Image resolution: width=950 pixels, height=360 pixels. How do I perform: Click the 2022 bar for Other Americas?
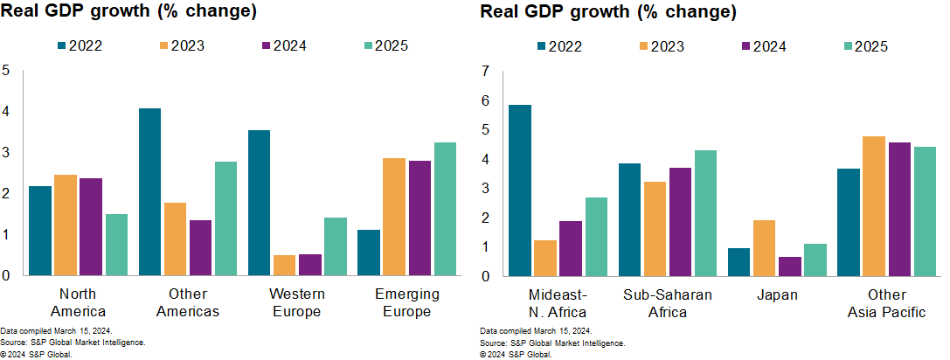[x=149, y=192]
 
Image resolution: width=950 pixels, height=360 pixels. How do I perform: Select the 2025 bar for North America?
[x=116, y=245]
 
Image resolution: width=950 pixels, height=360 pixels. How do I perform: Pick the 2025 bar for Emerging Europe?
[x=445, y=209]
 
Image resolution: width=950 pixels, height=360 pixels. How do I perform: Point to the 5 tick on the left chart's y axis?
[x=6, y=70]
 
